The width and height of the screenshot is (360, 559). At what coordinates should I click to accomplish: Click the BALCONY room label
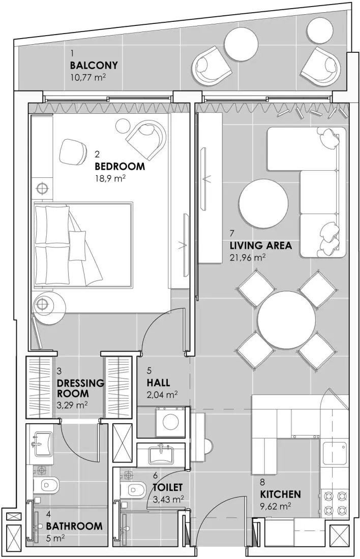click(94, 66)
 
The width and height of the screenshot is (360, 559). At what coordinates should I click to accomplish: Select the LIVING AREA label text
click(260, 246)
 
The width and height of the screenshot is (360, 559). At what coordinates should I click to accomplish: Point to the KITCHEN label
click(280, 494)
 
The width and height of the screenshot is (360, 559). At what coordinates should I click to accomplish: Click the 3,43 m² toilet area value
click(168, 500)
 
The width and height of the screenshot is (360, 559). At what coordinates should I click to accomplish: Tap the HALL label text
click(158, 383)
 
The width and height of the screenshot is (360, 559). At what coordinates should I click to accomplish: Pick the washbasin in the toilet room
click(162, 454)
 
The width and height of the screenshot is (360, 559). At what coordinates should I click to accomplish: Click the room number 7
click(232, 234)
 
